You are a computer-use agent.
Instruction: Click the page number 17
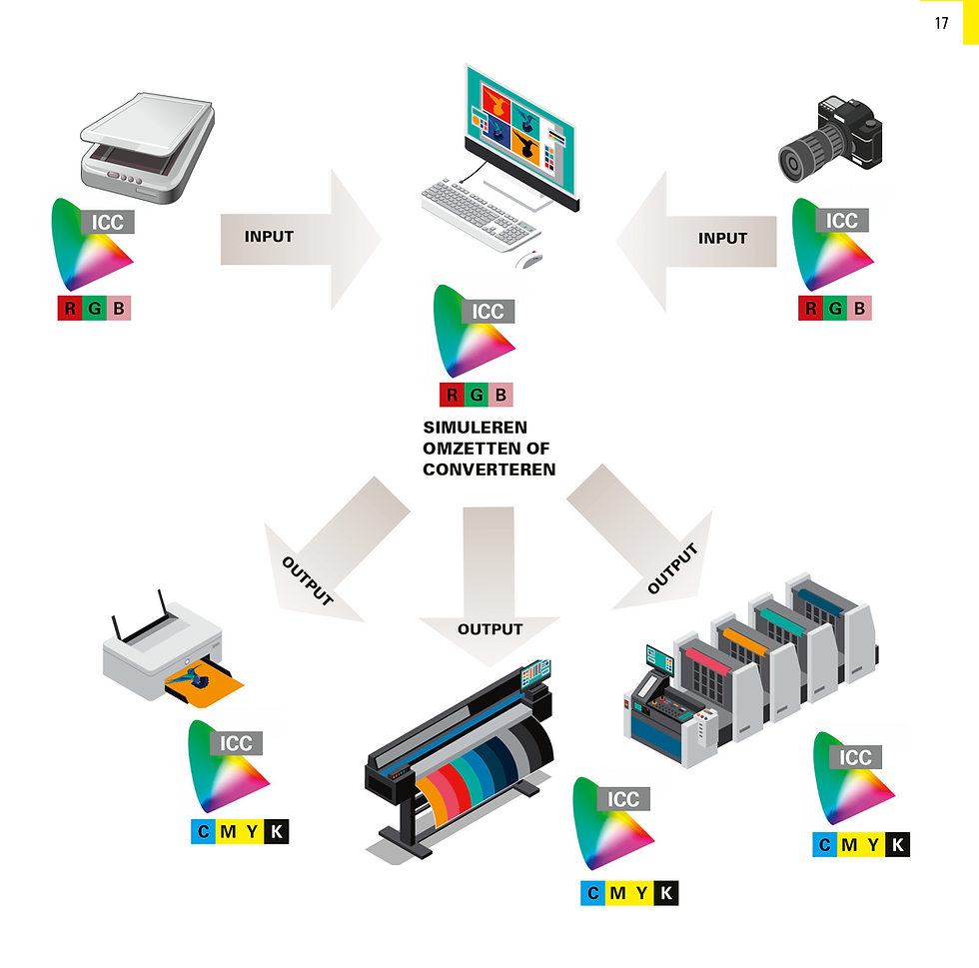(x=941, y=23)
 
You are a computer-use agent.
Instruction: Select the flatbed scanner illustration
(x=148, y=148)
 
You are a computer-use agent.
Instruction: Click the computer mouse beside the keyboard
(x=528, y=259)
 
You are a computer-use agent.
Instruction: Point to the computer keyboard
(x=481, y=216)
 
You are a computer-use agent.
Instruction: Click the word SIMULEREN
(x=476, y=428)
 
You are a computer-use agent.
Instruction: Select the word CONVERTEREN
(x=489, y=470)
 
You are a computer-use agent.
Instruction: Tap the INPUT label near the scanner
(x=269, y=237)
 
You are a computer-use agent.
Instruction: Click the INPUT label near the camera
(x=722, y=238)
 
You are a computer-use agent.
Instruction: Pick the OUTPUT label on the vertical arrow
(x=490, y=629)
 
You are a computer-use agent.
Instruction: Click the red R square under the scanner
(x=70, y=308)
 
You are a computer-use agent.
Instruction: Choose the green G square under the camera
(x=835, y=308)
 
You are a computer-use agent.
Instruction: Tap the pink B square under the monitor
(x=500, y=395)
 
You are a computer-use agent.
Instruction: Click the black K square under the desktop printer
(x=277, y=832)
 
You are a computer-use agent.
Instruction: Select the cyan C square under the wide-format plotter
(x=593, y=893)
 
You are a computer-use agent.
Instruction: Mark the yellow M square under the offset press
(x=849, y=845)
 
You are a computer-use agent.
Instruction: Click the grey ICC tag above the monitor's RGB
(x=488, y=311)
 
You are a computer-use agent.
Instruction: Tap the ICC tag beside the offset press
(x=855, y=757)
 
